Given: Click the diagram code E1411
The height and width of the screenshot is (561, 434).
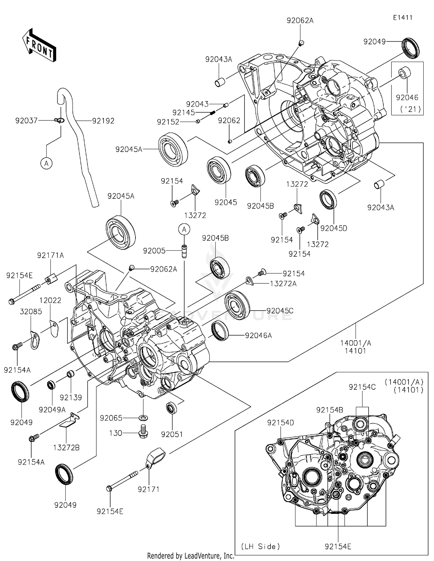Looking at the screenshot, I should (402, 18).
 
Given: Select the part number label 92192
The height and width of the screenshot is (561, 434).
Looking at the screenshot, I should (103, 121).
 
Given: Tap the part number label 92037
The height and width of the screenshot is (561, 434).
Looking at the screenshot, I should (26, 120).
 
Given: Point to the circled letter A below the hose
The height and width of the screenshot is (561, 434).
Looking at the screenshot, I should (46, 164).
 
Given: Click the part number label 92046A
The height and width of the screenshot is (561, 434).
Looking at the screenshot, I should (258, 335).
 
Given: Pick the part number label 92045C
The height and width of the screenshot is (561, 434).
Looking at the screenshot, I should (280, 311).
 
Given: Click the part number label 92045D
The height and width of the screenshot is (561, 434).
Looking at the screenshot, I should (334, 228).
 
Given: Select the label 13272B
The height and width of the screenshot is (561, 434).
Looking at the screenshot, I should (66, 448).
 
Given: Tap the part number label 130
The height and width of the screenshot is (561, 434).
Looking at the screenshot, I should (115, 433).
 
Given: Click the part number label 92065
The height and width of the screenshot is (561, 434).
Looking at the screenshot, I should (111, 418).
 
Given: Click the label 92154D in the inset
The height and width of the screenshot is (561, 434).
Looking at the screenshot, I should (280, 423).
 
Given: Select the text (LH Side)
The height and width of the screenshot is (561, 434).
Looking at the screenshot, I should (260, 546).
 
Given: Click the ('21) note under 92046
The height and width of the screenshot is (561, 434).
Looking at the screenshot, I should (410, 110).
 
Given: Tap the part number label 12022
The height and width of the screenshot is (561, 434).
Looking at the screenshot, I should (50, 300).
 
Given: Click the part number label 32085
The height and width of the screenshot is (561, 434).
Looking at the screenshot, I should (31, 311).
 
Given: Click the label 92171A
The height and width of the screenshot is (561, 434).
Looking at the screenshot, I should (50, 255).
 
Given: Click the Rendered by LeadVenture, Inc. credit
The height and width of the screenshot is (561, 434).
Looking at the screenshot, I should (191, 556).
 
